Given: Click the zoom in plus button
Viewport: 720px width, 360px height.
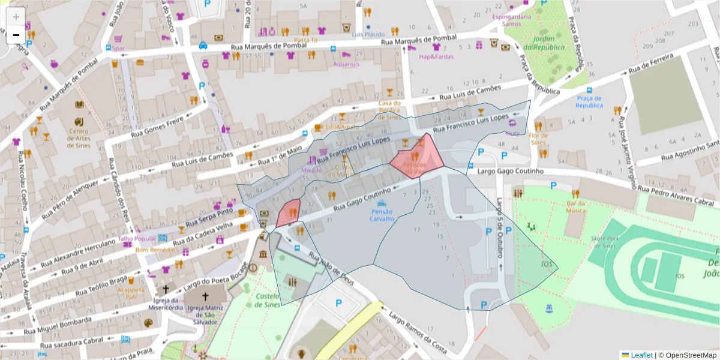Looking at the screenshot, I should [x=16, y=16].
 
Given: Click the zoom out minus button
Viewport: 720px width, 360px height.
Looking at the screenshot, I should [x=16, y=35].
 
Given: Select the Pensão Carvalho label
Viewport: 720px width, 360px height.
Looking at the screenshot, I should [x=382, y=215].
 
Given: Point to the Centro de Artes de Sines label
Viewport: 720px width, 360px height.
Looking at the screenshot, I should [x=79, y=135].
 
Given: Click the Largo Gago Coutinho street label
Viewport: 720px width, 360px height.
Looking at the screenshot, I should [x=509, y=172].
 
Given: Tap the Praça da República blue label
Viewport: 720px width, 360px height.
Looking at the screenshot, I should [x=589, y=101].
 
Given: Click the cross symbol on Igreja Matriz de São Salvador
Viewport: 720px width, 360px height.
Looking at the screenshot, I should [x=205, y=296].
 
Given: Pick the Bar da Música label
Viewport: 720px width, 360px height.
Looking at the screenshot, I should [x=575, y=207].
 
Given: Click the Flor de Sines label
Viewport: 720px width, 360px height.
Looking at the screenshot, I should [x=538, y=139].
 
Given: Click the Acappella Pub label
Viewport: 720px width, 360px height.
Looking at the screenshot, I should [x=131, y=293].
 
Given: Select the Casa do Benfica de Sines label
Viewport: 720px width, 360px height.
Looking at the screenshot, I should [x=389, y=110].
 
